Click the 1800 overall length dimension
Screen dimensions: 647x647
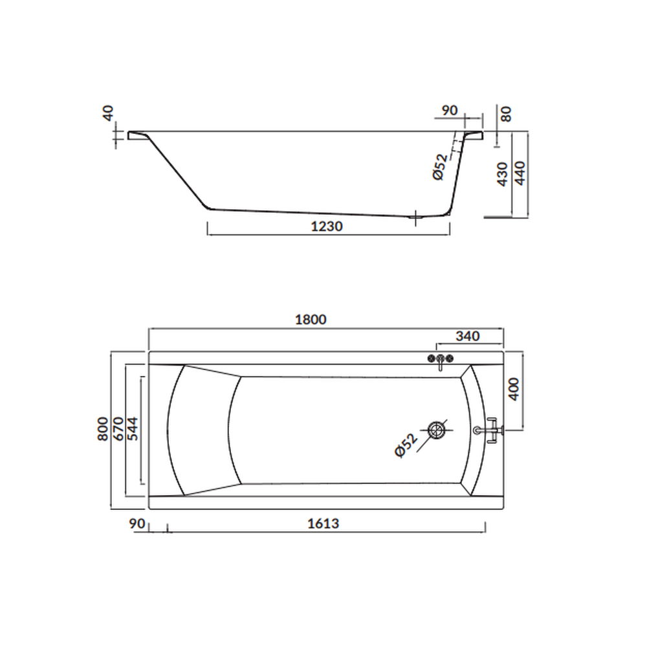point(311,320)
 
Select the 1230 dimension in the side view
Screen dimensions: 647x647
point(326,226)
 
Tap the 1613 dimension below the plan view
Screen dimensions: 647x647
point(323,523)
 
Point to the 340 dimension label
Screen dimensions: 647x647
point(468,336)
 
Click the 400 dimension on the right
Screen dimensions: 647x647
point(514,389)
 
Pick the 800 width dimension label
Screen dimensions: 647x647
point(103,429)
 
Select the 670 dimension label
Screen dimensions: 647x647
point(118,429)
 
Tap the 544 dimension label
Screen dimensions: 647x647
point(133,429)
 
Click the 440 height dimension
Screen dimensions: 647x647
point(520,173)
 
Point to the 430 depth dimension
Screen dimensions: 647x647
point(502,174)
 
